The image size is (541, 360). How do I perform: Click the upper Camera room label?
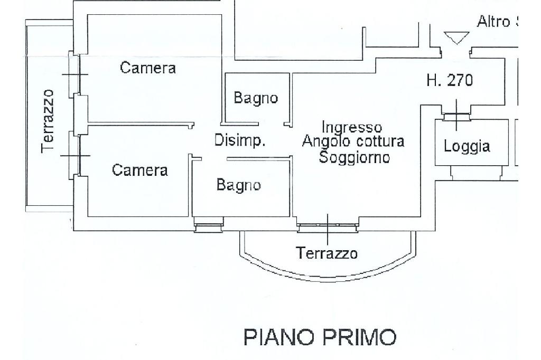(x=148, y=68)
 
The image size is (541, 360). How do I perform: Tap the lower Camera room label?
(x=140, y=170)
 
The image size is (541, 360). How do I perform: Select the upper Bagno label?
(x=256, y=98)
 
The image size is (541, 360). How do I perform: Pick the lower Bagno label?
(x=239, y=185)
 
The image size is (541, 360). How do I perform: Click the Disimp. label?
(x=240, y=141)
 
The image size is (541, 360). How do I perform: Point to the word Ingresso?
(x=352, y=127)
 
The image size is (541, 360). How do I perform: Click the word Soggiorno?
(x=354, y=157)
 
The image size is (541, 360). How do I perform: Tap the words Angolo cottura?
(x=353, y=142)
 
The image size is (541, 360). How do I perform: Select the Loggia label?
(x=467, y=147)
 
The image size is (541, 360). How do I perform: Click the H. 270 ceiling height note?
(x=450, y=80)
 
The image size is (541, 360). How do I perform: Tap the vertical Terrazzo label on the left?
(x=48, y=121)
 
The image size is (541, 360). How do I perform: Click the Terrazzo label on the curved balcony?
(x=327, y=253)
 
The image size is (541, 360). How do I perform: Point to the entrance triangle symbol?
(x=456, y=37)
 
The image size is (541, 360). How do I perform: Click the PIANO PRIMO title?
(x=320, y=337)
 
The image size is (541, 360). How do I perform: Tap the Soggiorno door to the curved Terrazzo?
(x=328, y=228)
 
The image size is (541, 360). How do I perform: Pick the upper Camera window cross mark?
(x=75, y=74)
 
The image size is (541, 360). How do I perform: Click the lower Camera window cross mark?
(x=75, y=156)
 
